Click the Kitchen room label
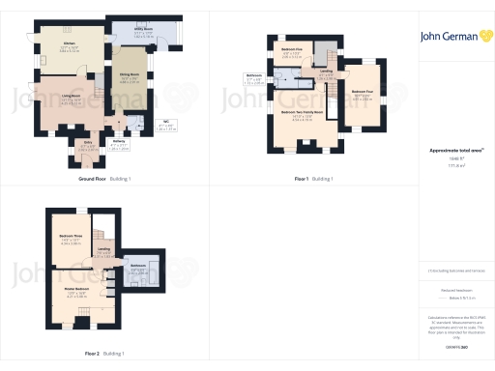(69, 44)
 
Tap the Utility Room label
(141, 31)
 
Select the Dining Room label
(128, 74)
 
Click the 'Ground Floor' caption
(98, 179)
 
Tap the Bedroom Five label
(292, 48)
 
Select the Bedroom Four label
(363, 95)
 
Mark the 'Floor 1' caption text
(302, 179)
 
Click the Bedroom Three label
(71, 236)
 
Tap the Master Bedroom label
(76, 289)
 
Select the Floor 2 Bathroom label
(138, 266)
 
